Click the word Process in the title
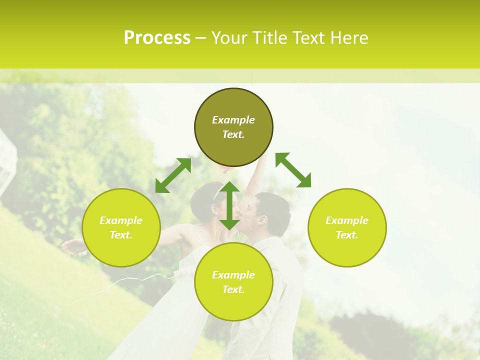point(157,38)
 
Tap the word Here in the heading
point(348,38)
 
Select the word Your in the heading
point(229,38)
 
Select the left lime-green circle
point(121,245)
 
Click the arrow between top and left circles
point(173,175)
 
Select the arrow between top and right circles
point(293,170)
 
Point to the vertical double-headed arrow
point(229,205)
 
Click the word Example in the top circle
point(233,120)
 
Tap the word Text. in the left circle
point(121,235)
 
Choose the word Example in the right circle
point(347,220)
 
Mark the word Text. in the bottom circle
point(233,289)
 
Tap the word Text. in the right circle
point(347,235)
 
